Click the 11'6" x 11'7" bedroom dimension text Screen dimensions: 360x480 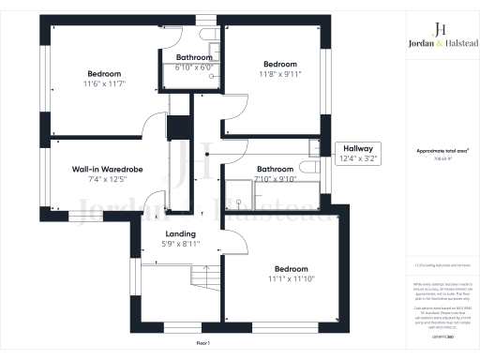point(106,84)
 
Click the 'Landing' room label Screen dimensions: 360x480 point(180,234)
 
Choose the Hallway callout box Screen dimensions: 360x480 point(357,154)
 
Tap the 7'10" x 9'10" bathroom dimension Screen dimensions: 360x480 point(276,179)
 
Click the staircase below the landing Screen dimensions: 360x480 point(200,278)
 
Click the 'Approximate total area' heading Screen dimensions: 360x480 point(436,151)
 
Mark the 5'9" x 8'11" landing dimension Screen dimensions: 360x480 point(180,245)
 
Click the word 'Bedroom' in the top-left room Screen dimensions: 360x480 point(106,74)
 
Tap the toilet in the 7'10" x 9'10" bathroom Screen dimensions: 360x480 point(313,148)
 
